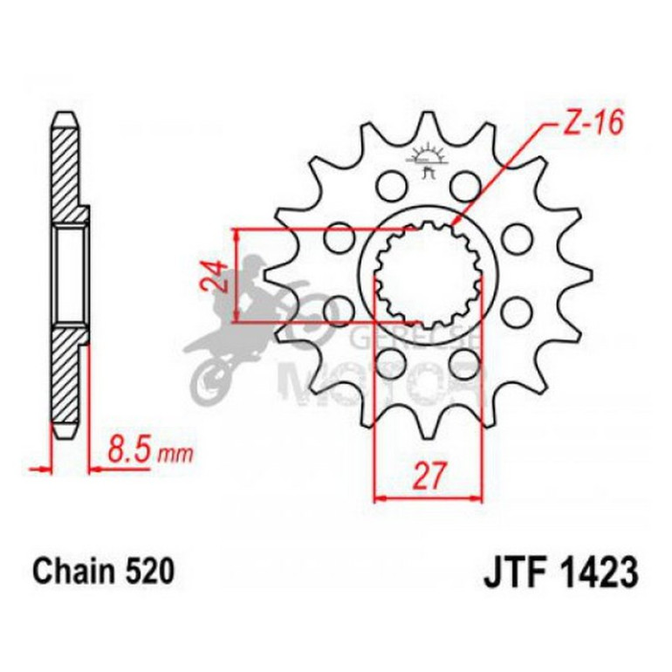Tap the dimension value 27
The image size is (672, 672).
(428, 477)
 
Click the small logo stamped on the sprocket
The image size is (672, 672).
(428, 161)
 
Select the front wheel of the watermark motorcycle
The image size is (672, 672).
(210, 379)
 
